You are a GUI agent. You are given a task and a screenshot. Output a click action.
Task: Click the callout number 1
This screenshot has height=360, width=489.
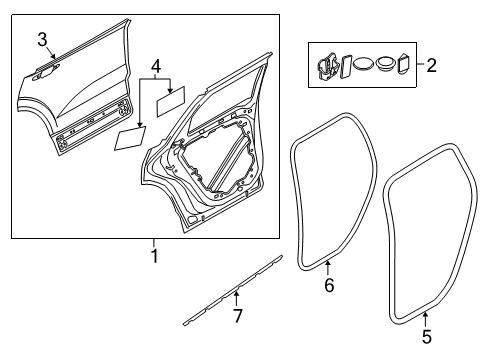pos(154,256)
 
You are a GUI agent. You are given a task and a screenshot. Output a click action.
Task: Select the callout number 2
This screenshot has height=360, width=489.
pos(432,67)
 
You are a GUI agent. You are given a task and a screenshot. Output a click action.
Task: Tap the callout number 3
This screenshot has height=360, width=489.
pos(43,40)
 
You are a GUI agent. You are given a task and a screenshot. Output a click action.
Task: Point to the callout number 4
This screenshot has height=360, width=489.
pos(154,68)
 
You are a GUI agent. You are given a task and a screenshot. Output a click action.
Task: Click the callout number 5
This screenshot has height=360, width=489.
pos(426,337)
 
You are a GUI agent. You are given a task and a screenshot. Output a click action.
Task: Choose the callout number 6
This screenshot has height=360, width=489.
pos(329,287)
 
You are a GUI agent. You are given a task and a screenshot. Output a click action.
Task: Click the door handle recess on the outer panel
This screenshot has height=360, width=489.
pos(45,68)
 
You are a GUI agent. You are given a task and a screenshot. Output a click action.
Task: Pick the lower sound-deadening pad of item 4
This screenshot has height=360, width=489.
pos(129,138)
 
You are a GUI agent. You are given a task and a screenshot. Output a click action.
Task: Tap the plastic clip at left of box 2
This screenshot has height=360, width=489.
pos(325,66)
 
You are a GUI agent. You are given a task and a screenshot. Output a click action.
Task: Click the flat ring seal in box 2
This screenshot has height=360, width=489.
pos(364,65)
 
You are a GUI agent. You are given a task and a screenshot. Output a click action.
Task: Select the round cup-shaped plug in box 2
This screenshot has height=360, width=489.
pos(384,66)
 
